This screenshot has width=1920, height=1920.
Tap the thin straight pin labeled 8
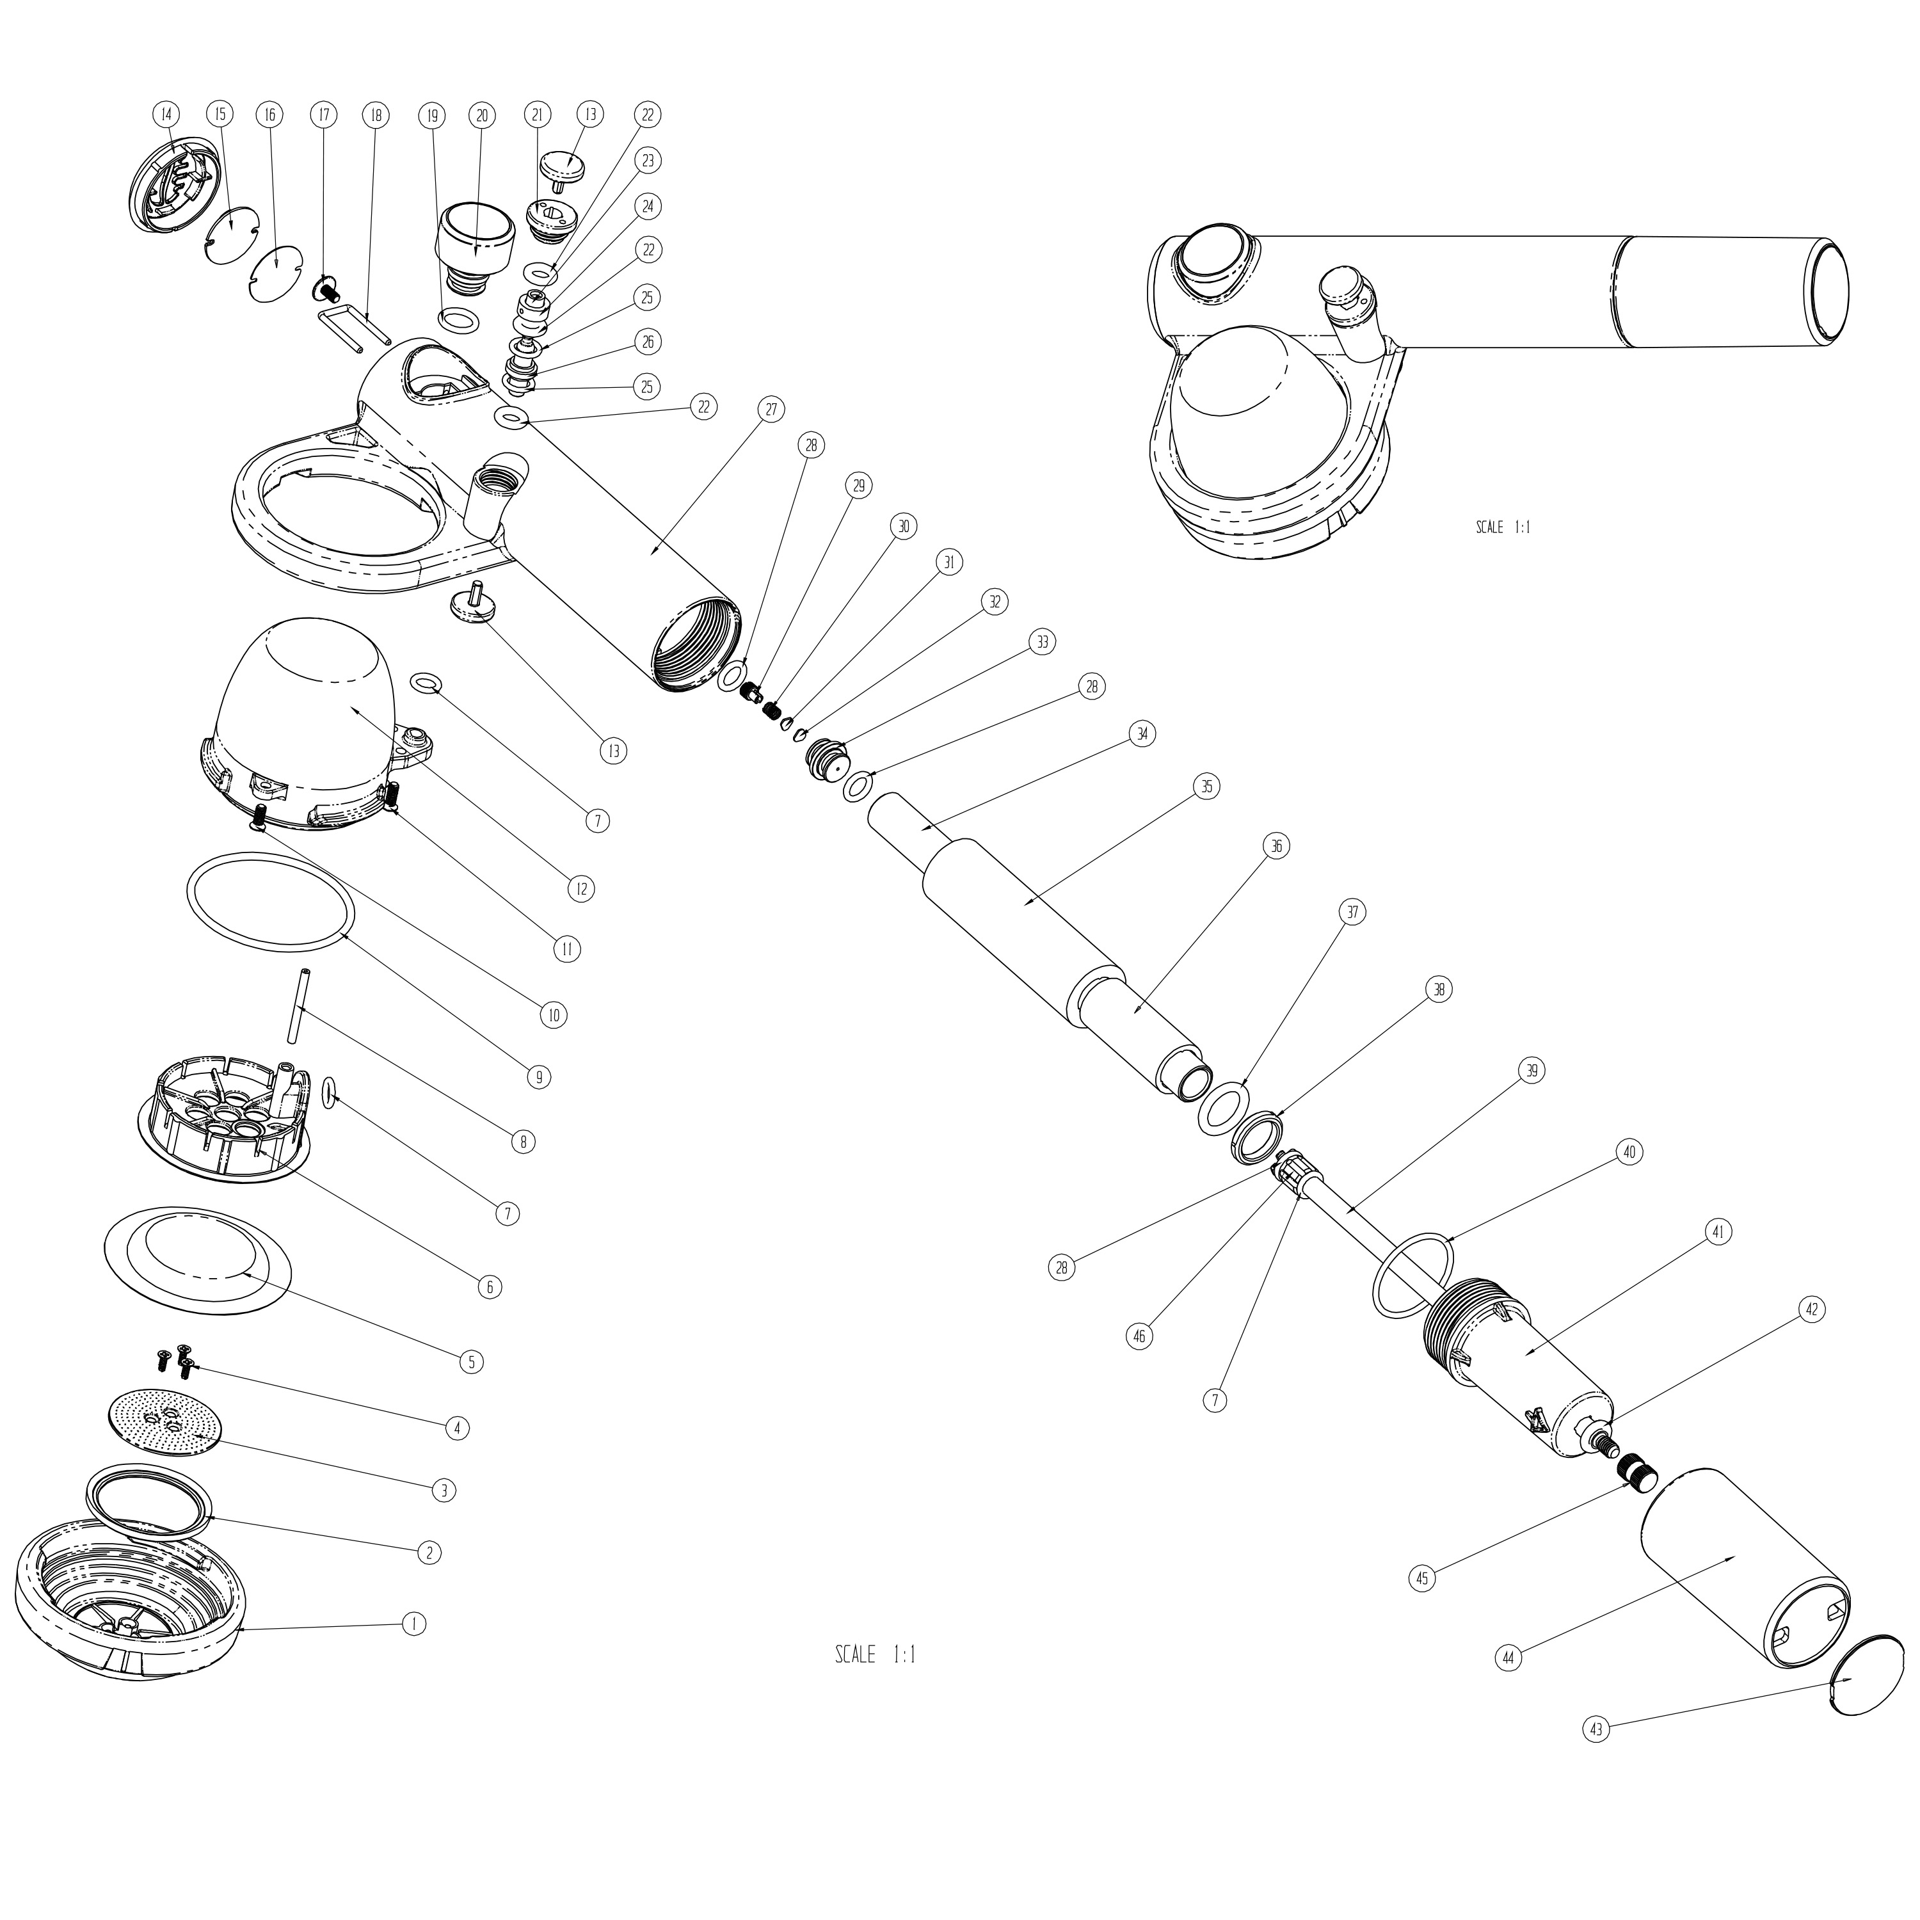pos(299,1005)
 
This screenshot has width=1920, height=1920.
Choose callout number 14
pos(166,115)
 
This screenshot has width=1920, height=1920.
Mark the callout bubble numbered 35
pos(1206,786)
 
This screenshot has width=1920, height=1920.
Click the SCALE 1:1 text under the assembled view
pos(1503,528)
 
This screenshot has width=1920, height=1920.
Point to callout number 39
pos(1532,1070)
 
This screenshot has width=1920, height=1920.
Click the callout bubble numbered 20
pos(482,115)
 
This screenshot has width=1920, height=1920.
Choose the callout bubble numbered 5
pos(471,1361)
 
